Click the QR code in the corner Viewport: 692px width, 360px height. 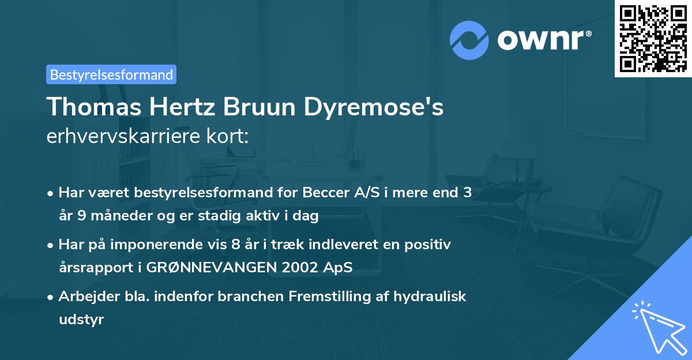point(653,38)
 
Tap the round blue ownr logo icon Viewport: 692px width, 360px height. point(469,40)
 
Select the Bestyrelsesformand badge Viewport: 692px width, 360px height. point(111,74)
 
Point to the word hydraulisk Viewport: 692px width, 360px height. point(431,297)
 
